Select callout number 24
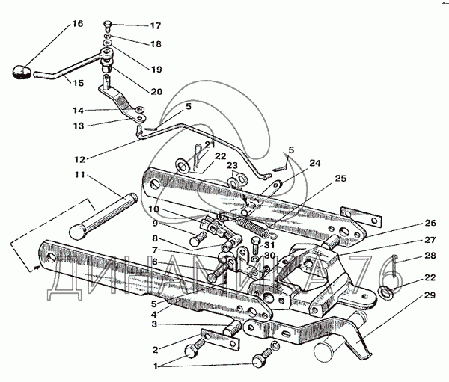click(x=314, y=163)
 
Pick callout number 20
click(x=156, y=92)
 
